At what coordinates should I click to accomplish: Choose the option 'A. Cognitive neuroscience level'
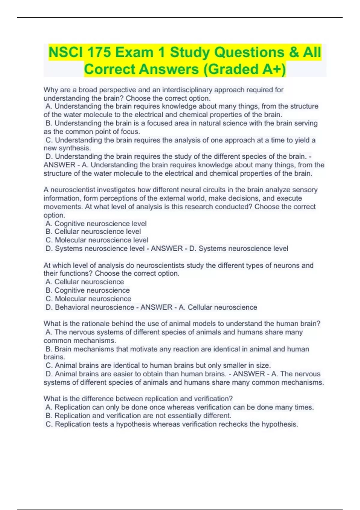pyautogui.click(x=96, y=224)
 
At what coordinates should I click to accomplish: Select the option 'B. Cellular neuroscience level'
pyautogui.click(x=93, y=232)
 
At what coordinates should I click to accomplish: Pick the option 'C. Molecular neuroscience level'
pyautogui.click(x=97, y=240)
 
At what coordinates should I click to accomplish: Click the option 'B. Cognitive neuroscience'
pyautogui.click(x=88, y=290)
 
